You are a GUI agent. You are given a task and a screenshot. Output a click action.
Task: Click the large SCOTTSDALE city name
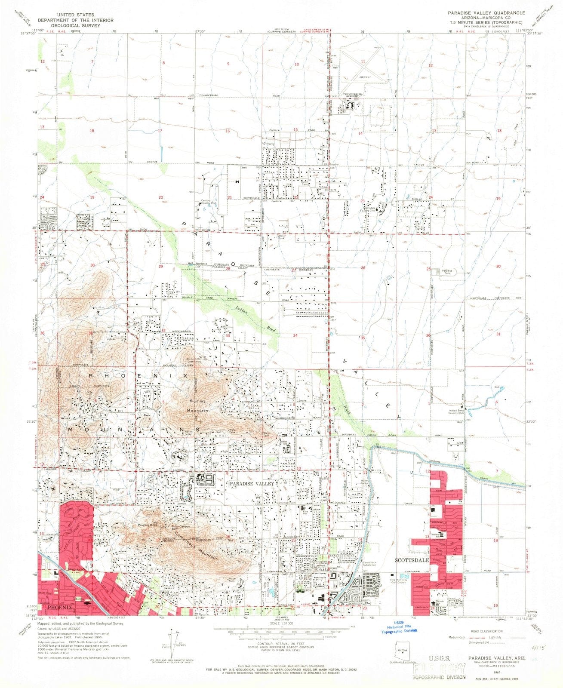pyautogui.click(x=412, y=561)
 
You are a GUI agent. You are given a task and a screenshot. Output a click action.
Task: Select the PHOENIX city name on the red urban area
pyautogui.click(x=58, y=608)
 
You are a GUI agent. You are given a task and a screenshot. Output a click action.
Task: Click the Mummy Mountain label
pyautogui.click(x=197, y=406)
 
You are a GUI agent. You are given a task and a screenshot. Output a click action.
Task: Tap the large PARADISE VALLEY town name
pyautogui.click(x=252, y=484)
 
